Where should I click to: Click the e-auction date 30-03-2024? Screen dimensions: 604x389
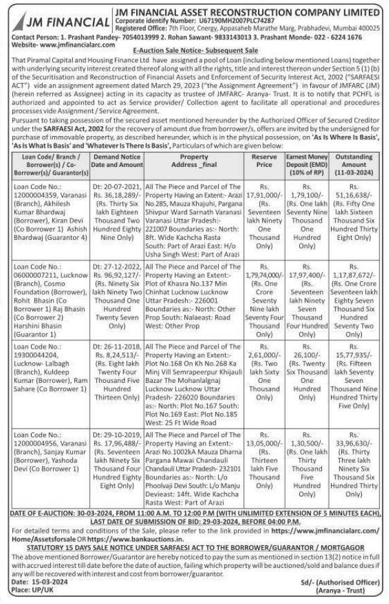(111, 512)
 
